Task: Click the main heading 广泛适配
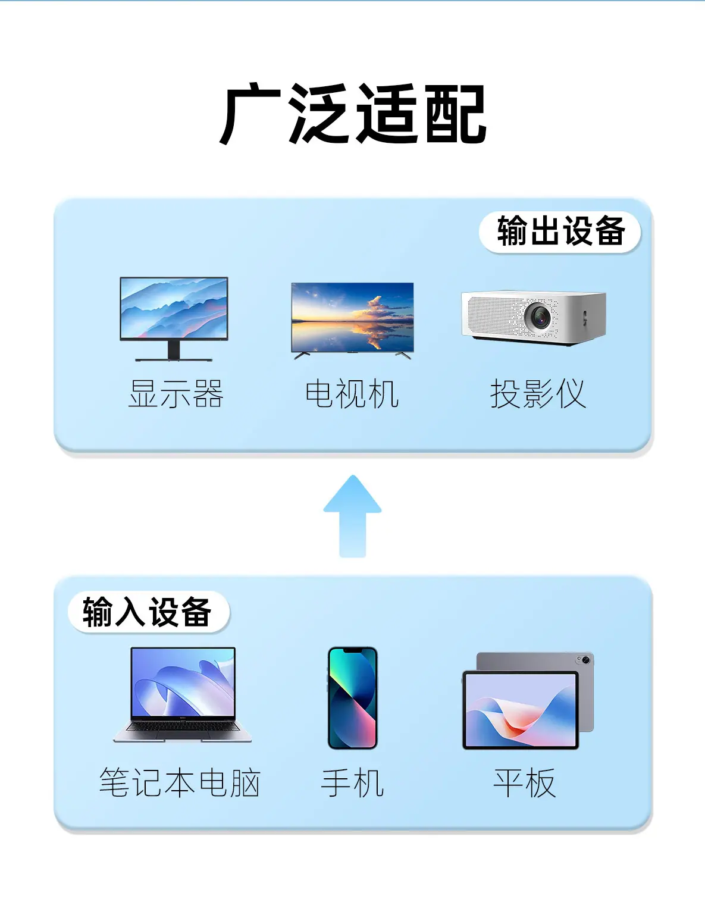[353, 114]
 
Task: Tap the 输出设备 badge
[560, 231]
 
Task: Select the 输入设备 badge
[148, 612]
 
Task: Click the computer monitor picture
[174, 309]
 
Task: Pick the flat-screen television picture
[352, 318]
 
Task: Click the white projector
[534, 318]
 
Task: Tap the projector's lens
[539, 316]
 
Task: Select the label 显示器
[176, 394]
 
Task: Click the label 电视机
[352, 394]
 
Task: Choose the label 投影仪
[538, 394]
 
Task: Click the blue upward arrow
[352, 515]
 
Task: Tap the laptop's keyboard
[182, 727]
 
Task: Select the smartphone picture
[352, 697]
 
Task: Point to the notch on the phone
[352, 651]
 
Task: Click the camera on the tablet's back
[583, 660]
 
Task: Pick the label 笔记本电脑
[180, 783]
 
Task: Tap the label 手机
[352, 783]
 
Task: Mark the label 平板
[524, 783]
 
